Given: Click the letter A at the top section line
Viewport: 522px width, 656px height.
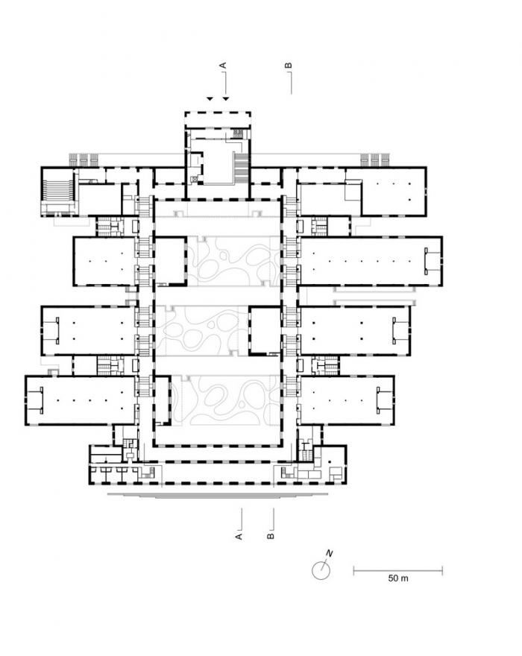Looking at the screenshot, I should tap(222, 66).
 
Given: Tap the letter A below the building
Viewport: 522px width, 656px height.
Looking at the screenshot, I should tap(239, 535).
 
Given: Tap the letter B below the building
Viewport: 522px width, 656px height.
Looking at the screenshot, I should tap(271, 535).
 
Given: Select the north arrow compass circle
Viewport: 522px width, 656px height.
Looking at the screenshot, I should tap(319, 570).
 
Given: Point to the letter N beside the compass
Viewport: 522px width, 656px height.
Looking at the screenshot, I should tap(328, 554).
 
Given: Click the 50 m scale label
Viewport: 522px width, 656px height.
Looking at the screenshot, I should tap(398, 578).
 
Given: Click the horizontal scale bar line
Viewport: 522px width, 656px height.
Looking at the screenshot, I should tap(397, 571).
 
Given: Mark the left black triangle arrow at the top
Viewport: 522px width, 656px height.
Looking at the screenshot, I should tap(211, 98).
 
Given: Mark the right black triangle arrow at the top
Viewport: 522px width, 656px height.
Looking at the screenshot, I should tap(226, 98).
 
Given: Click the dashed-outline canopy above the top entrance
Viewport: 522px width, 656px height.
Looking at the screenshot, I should tap(217, 119).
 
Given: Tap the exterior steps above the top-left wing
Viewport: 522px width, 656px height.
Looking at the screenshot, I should tap(84, 159).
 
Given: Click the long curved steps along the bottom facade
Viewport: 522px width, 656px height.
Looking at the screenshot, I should tap(216, 494).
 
